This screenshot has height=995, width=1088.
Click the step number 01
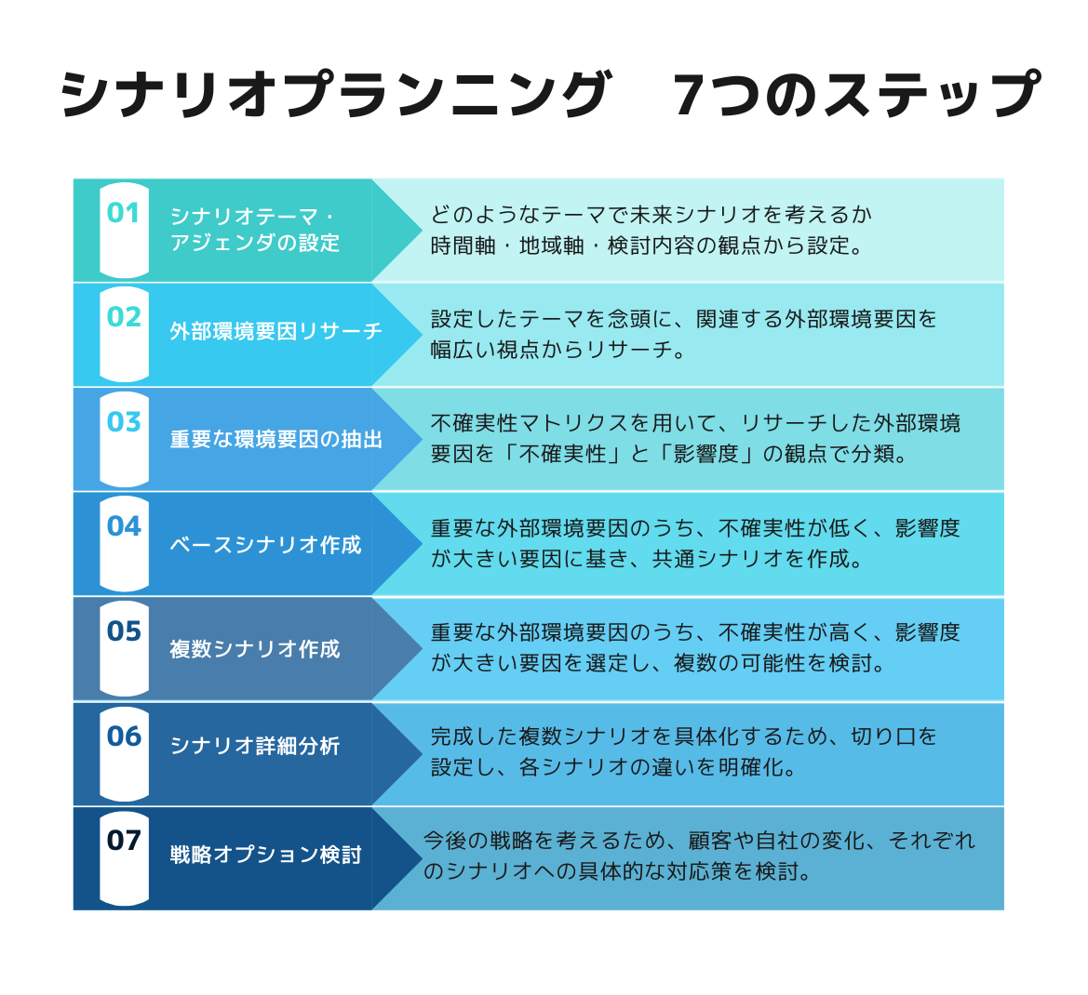tap(124, 213)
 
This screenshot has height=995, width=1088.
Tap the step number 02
tap(124, 317)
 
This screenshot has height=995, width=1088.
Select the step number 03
tap(124, 421)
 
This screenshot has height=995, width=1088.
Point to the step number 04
tap(124, 526)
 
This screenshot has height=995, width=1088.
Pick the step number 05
tap(124, 631)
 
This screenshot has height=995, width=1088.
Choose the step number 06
tap(124, 736)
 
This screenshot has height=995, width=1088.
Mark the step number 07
tap(124, 841)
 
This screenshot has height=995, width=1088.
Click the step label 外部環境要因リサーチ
tap(275, 331)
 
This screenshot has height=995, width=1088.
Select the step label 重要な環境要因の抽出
tap(275, 439)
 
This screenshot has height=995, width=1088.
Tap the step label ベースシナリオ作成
tap(265, 544)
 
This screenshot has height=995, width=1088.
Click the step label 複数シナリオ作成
tap(255, 648)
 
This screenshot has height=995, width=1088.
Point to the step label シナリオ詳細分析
tap(255, 746)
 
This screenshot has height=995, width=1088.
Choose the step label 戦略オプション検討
tap(265, 855)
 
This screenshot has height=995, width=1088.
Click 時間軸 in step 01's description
tap(463, 245)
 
